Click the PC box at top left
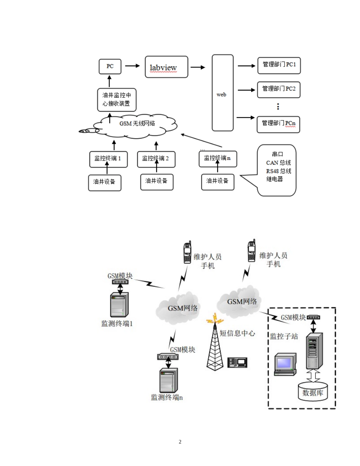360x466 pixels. [110, 66]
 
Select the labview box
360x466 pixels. [166, 67]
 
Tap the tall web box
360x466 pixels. [222, 93]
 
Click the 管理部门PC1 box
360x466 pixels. [279, 65]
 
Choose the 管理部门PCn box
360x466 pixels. [279, 124]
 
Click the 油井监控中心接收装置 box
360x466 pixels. [116, 100]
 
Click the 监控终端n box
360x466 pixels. [218, 158]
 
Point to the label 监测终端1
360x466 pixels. [117, 324]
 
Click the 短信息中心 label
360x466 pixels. [238, 333]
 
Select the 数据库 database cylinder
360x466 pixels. [313, 391]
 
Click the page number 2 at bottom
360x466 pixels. [180, 442]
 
